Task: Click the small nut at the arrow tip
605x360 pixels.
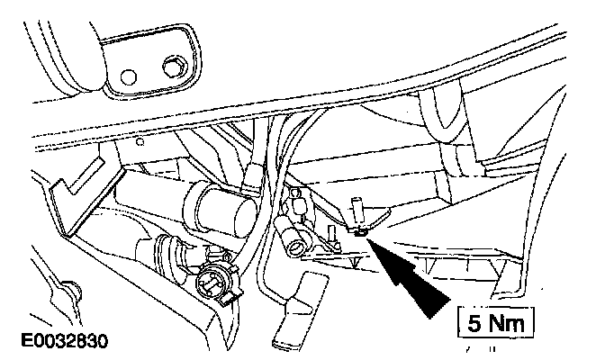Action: coord(360,231)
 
